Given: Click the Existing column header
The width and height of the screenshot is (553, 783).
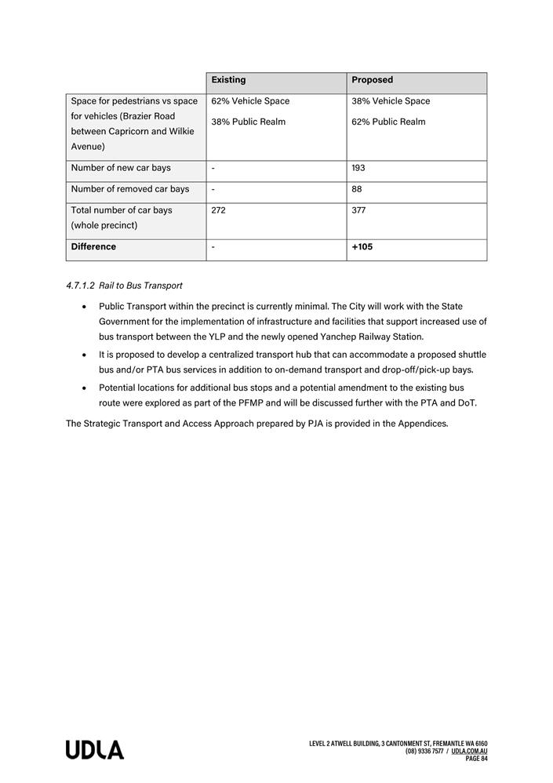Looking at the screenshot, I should pos(228,80).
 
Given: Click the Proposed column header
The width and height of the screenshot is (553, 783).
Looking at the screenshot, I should pos(372,80).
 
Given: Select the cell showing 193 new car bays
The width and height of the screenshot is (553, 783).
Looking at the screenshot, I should pos(358,168).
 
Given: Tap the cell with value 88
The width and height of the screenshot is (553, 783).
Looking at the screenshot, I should pos(357,189).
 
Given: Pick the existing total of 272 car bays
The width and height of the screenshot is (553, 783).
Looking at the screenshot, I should pos(219,210).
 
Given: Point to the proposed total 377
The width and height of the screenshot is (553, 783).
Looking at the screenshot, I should pos(358,210).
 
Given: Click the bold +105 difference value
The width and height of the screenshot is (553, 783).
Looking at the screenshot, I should pos(362,247).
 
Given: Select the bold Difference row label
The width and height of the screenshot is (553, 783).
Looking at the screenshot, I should pos(93,247).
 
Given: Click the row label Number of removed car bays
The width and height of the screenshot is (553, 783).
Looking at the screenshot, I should pos(130,189).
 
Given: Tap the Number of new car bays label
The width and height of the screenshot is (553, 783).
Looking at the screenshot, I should pos(121,168).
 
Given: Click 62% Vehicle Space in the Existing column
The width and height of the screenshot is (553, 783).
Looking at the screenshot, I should pos(250,101).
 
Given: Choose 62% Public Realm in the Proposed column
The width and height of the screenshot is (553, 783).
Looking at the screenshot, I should pos(388,122).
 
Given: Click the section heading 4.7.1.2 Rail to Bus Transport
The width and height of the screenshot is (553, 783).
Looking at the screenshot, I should pos(124,286).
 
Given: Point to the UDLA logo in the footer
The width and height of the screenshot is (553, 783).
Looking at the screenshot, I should pos(95,750).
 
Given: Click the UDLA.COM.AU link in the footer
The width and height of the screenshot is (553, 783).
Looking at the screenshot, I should pos(469,751).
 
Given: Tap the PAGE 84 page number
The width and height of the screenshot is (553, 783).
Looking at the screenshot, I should pos(476,759).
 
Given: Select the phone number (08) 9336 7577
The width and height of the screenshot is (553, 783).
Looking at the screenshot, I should pos(425,751).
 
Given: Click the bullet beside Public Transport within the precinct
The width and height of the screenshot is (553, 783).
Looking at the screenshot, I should pos(84,306).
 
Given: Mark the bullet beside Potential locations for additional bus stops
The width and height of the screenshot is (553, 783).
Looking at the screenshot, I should pos(84,388).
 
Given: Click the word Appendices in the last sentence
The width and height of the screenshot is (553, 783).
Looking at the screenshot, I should pos(423,424).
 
